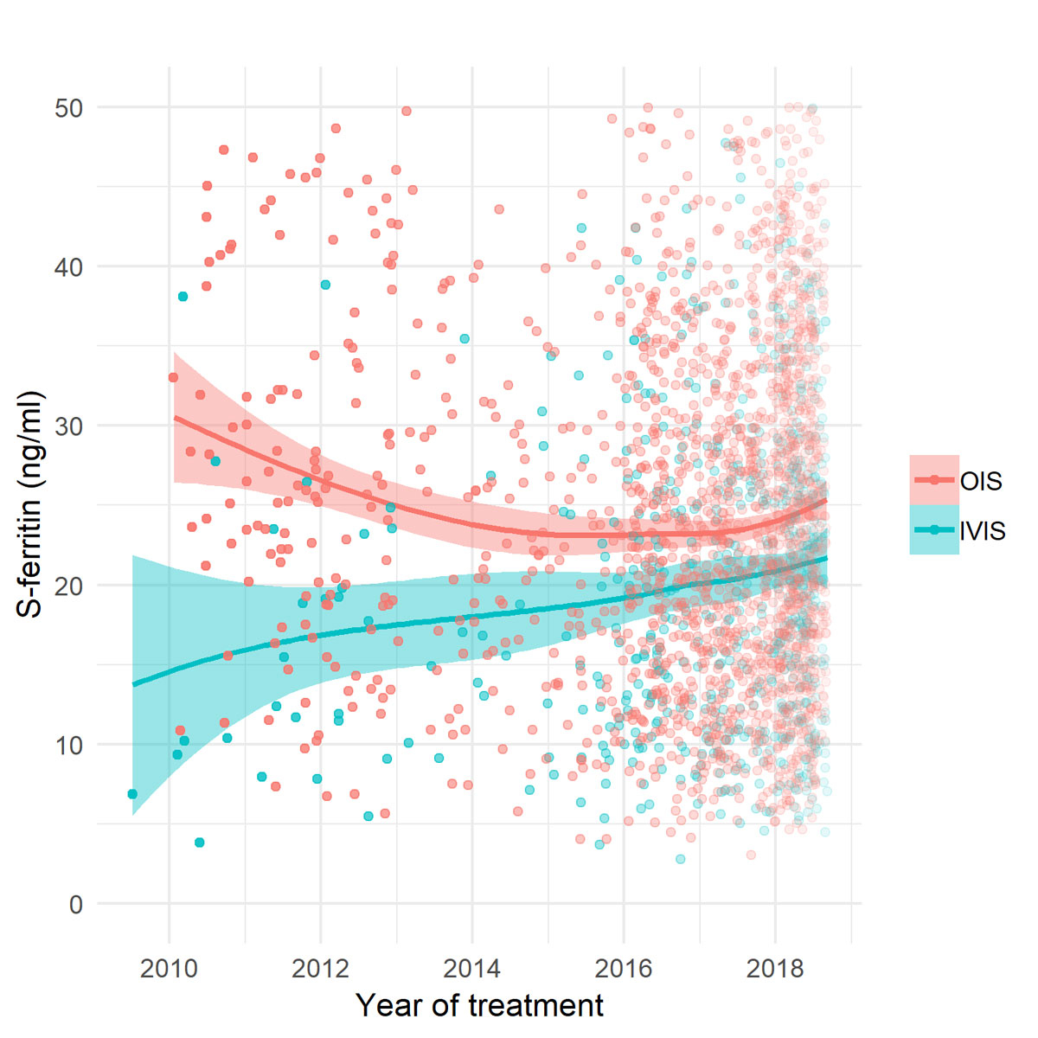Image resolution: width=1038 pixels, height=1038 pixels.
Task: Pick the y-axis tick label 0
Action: coord(74,905)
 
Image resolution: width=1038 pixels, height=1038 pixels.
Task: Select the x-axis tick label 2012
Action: coord(321,968)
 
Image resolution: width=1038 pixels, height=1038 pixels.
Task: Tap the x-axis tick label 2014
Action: coord(472,968)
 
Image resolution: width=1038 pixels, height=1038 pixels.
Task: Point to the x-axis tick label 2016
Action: coord(624,968)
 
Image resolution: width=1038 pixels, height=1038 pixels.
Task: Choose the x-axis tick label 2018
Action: coord(775,968)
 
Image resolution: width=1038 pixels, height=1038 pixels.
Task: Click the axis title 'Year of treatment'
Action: coord(479,1006)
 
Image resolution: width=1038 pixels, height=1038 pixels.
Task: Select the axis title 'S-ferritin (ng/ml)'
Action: coord(31,504)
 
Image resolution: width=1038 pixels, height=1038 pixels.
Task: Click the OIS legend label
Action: coord(981,481)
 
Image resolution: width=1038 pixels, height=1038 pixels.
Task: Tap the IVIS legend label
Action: coord(984,529)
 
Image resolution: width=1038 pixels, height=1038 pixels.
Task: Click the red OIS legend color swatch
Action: coord(934,480)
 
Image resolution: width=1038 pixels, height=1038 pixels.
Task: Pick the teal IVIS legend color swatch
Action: coord(934,529)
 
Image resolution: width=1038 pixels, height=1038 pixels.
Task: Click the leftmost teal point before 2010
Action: coord(131,793)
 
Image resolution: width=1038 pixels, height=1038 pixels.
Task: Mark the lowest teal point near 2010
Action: coord(199,843)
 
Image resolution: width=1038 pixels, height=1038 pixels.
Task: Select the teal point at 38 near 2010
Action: coord(183,297)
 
